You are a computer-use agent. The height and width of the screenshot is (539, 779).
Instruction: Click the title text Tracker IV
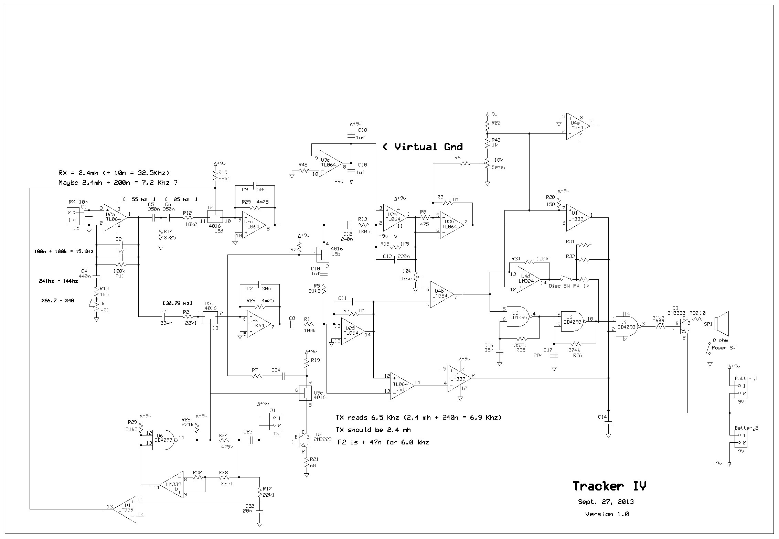[609, 486]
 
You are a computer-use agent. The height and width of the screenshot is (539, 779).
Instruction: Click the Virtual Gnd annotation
[423, 147]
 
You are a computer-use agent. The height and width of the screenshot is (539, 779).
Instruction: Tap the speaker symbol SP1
[721, 324]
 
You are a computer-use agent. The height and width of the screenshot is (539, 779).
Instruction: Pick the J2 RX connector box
[73, 216]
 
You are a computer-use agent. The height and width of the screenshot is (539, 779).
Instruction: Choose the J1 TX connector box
[276, 421]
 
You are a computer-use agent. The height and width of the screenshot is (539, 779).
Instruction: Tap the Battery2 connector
[740, 439]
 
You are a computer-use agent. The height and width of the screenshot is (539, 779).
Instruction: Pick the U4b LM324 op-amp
[441, 295]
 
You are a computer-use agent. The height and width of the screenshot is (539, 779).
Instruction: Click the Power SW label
[723, 348]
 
